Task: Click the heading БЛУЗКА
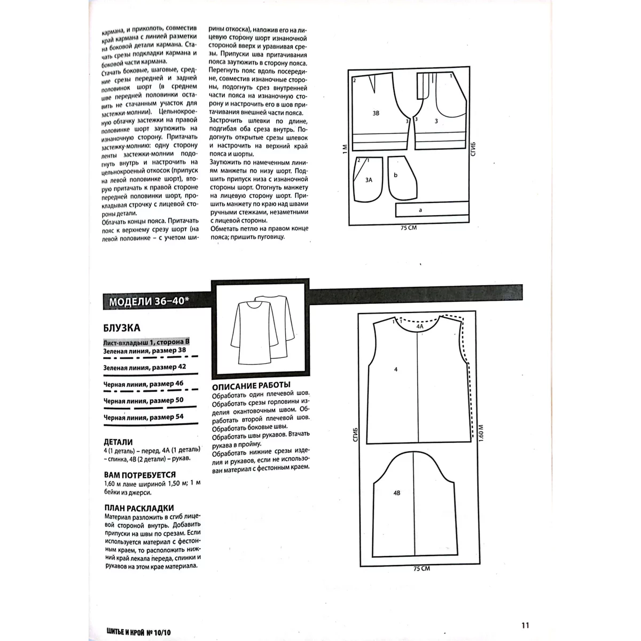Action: pyautogui.click(x=122, y=328)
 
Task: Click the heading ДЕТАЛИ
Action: pyautogui.click(x=118, y=442)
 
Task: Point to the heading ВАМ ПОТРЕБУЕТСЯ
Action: pyautogui.click(x=139, y=474)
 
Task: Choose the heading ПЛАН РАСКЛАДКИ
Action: pyautogui.click(x=139, y=508)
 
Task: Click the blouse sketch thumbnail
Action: pyautogui.click(x=261, y=328)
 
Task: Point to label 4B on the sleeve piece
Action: pyautogui.click(x=396, y=494)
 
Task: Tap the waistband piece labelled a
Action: pyautogui.click(x=420, y=210)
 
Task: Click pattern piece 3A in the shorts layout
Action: pyautogui.click(x=369, y=181)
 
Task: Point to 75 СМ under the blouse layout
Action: pyautogui.click(x=421, y=568)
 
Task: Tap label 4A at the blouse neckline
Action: pyautogui.click(x=420, y=325)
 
